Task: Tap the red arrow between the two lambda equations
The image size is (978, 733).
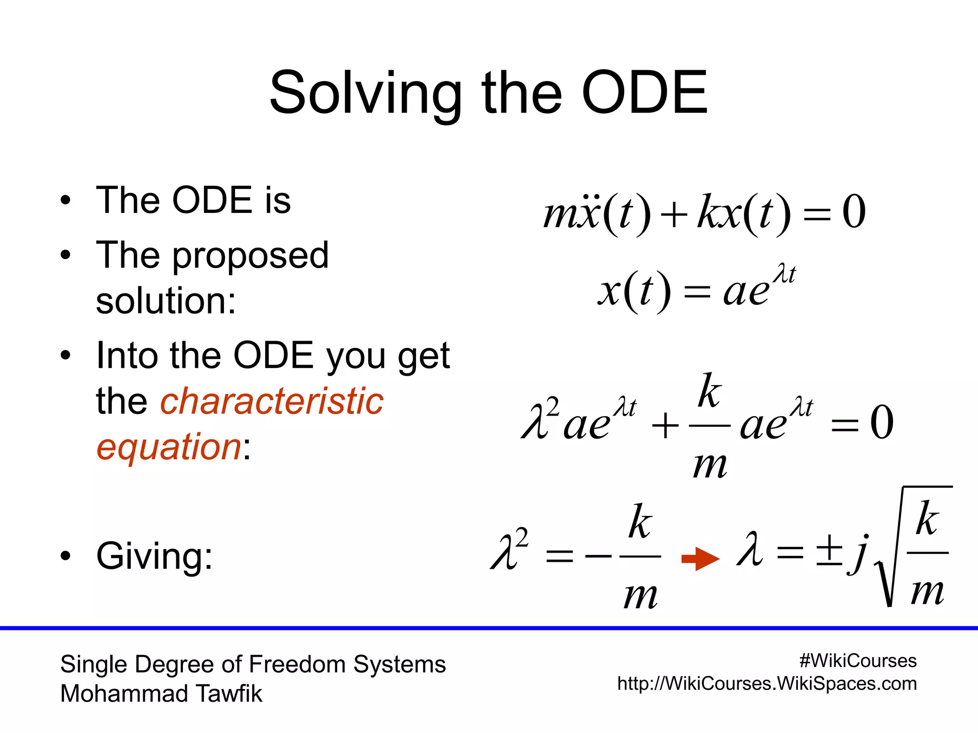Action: pos(700,558)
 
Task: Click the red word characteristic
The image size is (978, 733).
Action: pos(271,401)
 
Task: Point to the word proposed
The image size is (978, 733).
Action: pos(250,256)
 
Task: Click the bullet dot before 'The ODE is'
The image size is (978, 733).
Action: pos(65,200)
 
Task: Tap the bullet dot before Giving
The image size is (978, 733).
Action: pos(65,555)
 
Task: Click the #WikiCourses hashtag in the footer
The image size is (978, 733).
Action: pos(858,661)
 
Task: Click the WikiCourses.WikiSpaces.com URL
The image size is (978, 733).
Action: pos(766,684)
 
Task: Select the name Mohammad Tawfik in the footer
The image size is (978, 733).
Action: pos(161,693)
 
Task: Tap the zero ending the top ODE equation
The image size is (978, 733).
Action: pos(854,212)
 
